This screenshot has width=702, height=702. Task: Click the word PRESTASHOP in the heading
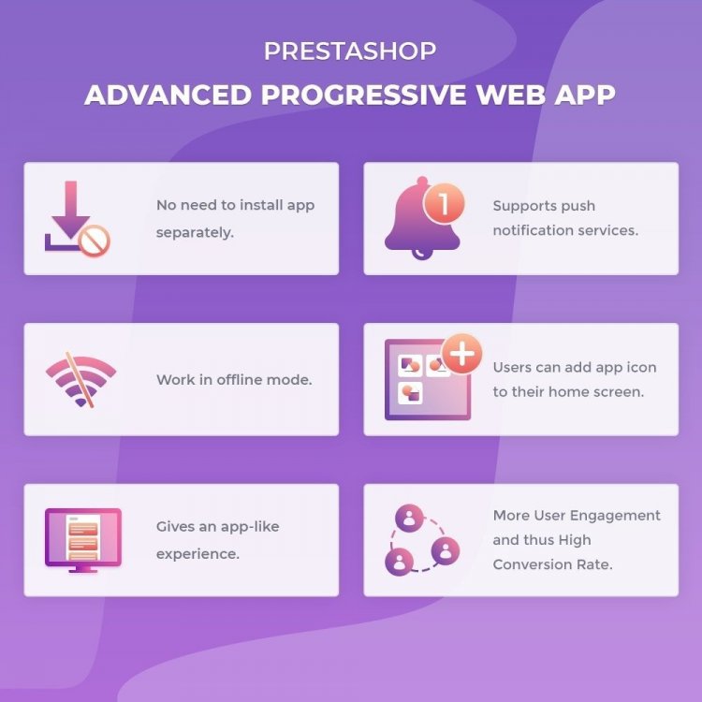click(x=350, y=51)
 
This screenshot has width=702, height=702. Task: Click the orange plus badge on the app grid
click(x=461, y=355)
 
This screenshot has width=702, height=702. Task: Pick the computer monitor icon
click(x=82, y=539)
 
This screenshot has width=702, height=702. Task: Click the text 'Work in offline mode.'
click(x=234, y=380)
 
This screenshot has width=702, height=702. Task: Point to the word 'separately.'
click(x=195, y=231)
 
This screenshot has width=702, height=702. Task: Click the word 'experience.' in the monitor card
click(x=197, y=553)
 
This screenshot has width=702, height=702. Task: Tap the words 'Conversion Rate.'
click(x=552, y=564)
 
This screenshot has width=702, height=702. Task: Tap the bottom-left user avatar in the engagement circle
click(x=400, y=563)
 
